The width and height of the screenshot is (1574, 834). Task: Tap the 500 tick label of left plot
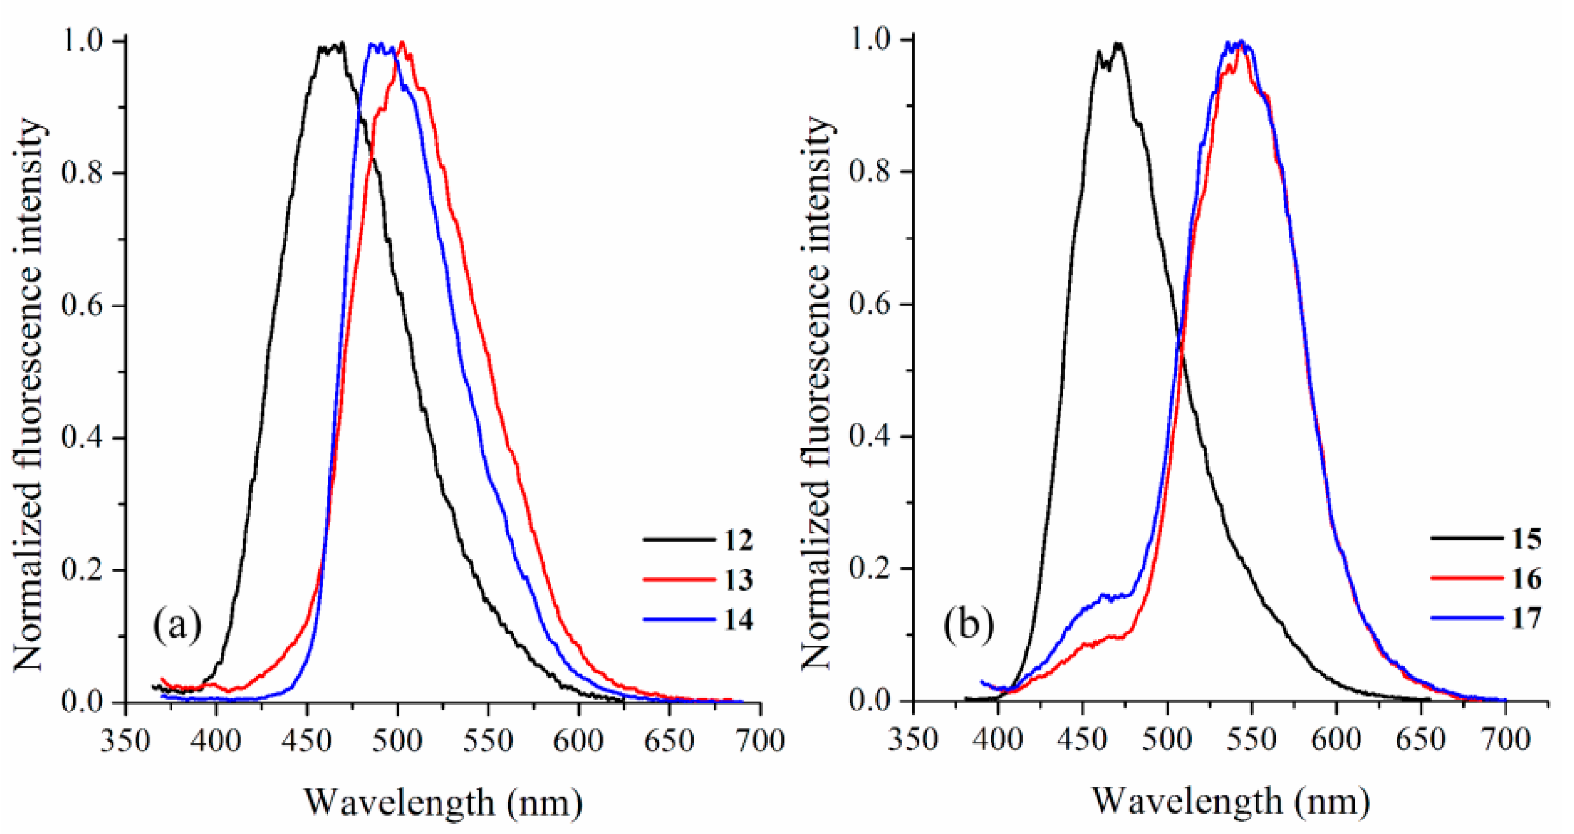[397, 740]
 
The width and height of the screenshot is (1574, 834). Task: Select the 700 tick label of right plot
[1505, 739]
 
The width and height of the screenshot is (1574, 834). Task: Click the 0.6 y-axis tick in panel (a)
[84, 306]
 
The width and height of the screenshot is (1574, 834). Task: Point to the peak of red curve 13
[402, 43]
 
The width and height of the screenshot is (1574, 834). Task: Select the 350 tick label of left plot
[126, 740]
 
